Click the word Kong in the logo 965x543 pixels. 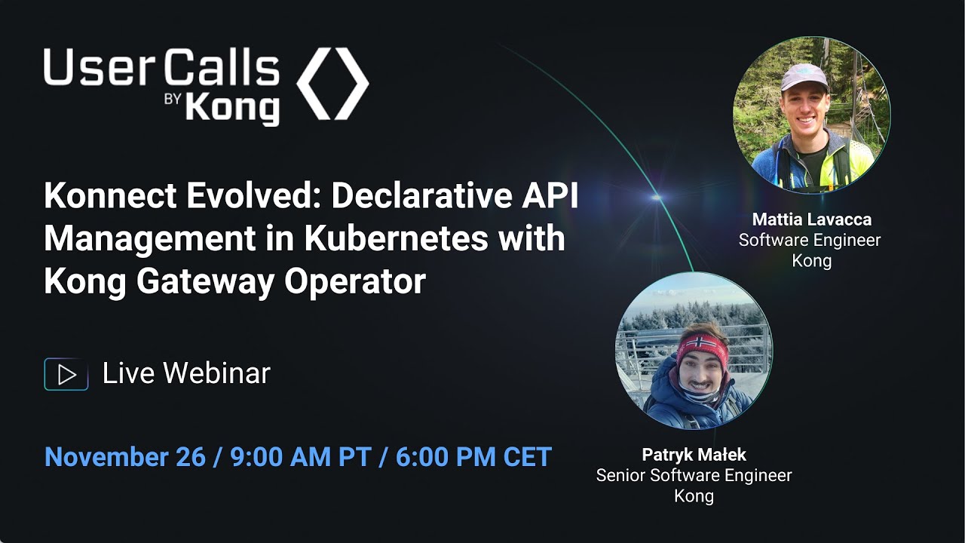tap(232, 109)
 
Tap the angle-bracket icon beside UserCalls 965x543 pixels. tap(332, 84)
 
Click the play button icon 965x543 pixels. tap(66, 374)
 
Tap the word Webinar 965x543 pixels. tap(216, 373)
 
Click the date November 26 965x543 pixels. tap(124, 457)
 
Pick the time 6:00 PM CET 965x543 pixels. tap(473, 457)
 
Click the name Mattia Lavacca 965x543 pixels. tap(811, 219)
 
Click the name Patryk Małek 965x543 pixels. tap(693, 455)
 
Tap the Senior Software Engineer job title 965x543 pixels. tap(694, 476)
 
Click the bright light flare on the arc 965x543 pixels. tap(656, 198)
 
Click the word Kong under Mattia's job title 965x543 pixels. tap(811, 261)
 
